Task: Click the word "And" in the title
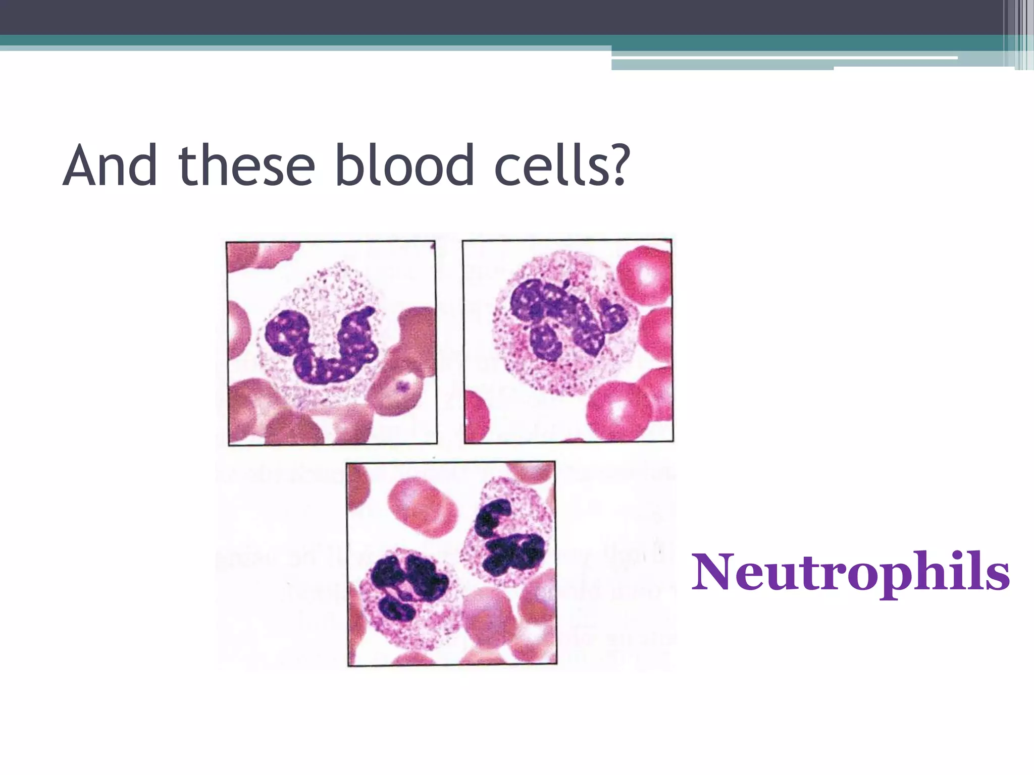110,165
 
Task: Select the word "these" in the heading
247,165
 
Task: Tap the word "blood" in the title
404,165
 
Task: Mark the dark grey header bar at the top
505,17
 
